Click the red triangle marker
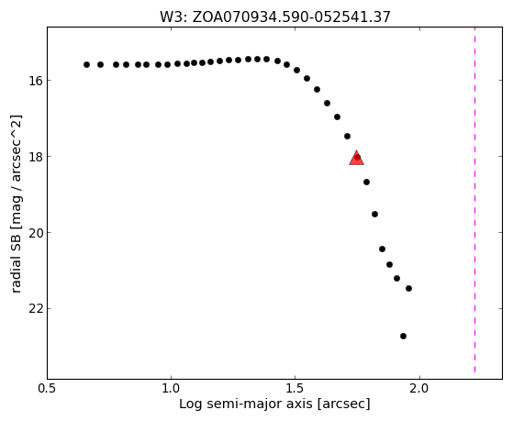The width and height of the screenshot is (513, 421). [357, 158]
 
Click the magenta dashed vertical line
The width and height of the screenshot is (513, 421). [474, 200]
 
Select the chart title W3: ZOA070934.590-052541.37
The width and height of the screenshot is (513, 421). [275, 17]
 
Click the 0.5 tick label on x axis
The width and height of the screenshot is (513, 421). [48, 389]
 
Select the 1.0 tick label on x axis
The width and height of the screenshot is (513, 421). [171, 389]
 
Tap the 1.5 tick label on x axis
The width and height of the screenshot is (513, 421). [296, 389]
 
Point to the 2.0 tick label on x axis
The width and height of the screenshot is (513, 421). [419, 389]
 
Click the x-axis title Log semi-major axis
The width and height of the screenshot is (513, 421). [246, 404]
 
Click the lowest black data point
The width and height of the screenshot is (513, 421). [403, 336]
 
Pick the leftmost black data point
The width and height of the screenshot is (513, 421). [86, 65]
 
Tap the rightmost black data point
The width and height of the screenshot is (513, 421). [408, 288]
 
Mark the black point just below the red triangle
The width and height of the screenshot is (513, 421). [366, 182]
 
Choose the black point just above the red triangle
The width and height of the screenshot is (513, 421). [348, 136]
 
